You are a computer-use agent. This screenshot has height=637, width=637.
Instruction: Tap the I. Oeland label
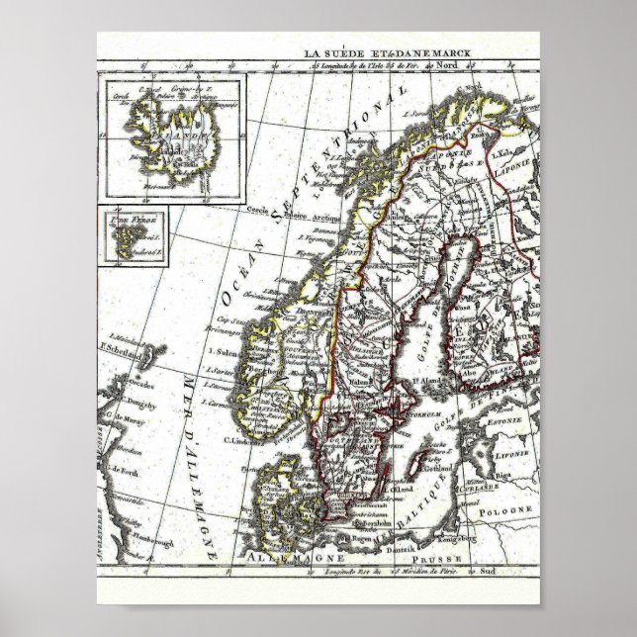pos(402,488)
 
